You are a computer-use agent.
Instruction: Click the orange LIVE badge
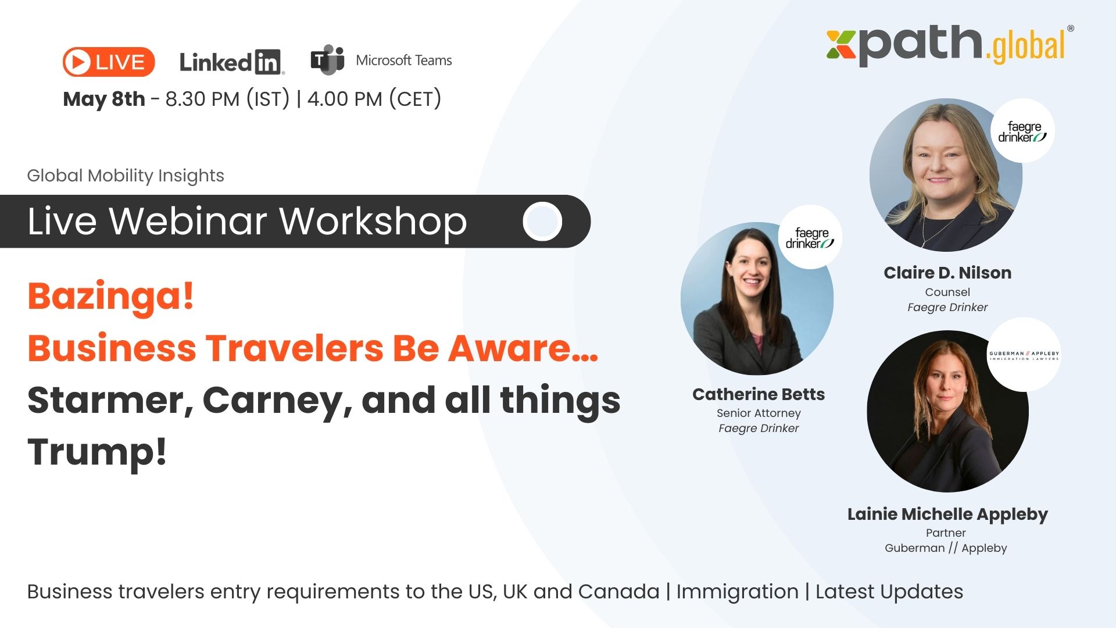click(x=109, y=62)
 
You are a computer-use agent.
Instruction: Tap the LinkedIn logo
click(x=231, y=62)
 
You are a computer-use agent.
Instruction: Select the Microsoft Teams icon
click(x=327, y=60)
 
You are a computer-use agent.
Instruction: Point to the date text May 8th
click(x=104, y=99)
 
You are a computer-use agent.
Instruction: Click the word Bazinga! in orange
click(x=110, y=295)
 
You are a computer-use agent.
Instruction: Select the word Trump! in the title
click(x=97, y=452)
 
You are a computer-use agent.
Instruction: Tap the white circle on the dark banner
click(x=542, y=222)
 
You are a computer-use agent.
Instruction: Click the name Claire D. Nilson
click(x=947, y=273)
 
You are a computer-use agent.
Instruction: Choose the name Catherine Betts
click(x=759, y=394)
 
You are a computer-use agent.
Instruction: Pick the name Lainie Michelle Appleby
click(x=947, y=514)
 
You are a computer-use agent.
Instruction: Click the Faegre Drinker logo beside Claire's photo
click(x=1022, y=131)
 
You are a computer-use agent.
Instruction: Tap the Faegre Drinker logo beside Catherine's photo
click(x=810, y=238)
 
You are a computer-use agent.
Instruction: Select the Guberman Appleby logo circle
click(x=1024, y=355)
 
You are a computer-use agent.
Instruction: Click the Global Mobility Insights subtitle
click(x=126, y=176)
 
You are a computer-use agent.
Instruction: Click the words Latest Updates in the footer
click(x=889, y=591)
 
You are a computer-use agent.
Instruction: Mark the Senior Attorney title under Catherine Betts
click(x=759, y=413)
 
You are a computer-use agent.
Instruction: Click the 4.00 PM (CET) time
click(x=374, y=99)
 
